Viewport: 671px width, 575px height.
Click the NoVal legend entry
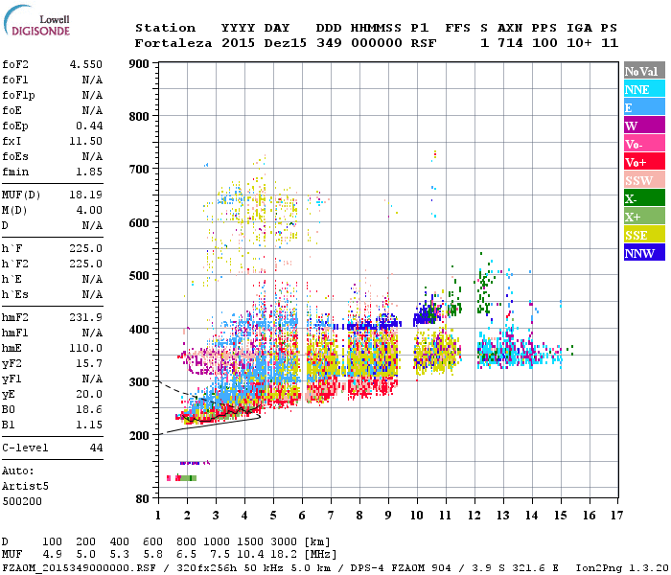(641, 71)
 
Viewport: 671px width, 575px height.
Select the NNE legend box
(641, 89)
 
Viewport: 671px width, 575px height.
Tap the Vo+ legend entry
(641, 162)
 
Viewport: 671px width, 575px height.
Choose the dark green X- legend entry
(641, 198)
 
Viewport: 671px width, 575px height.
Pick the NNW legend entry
(641, 253)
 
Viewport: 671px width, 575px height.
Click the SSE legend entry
(641, 235)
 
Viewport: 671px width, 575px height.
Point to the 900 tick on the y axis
(139, 64)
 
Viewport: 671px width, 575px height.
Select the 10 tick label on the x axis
(416, 516)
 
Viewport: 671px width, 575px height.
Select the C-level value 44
(95, 448)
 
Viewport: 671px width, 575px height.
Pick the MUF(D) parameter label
(21, 195)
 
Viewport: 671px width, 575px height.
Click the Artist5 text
(22, 486)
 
